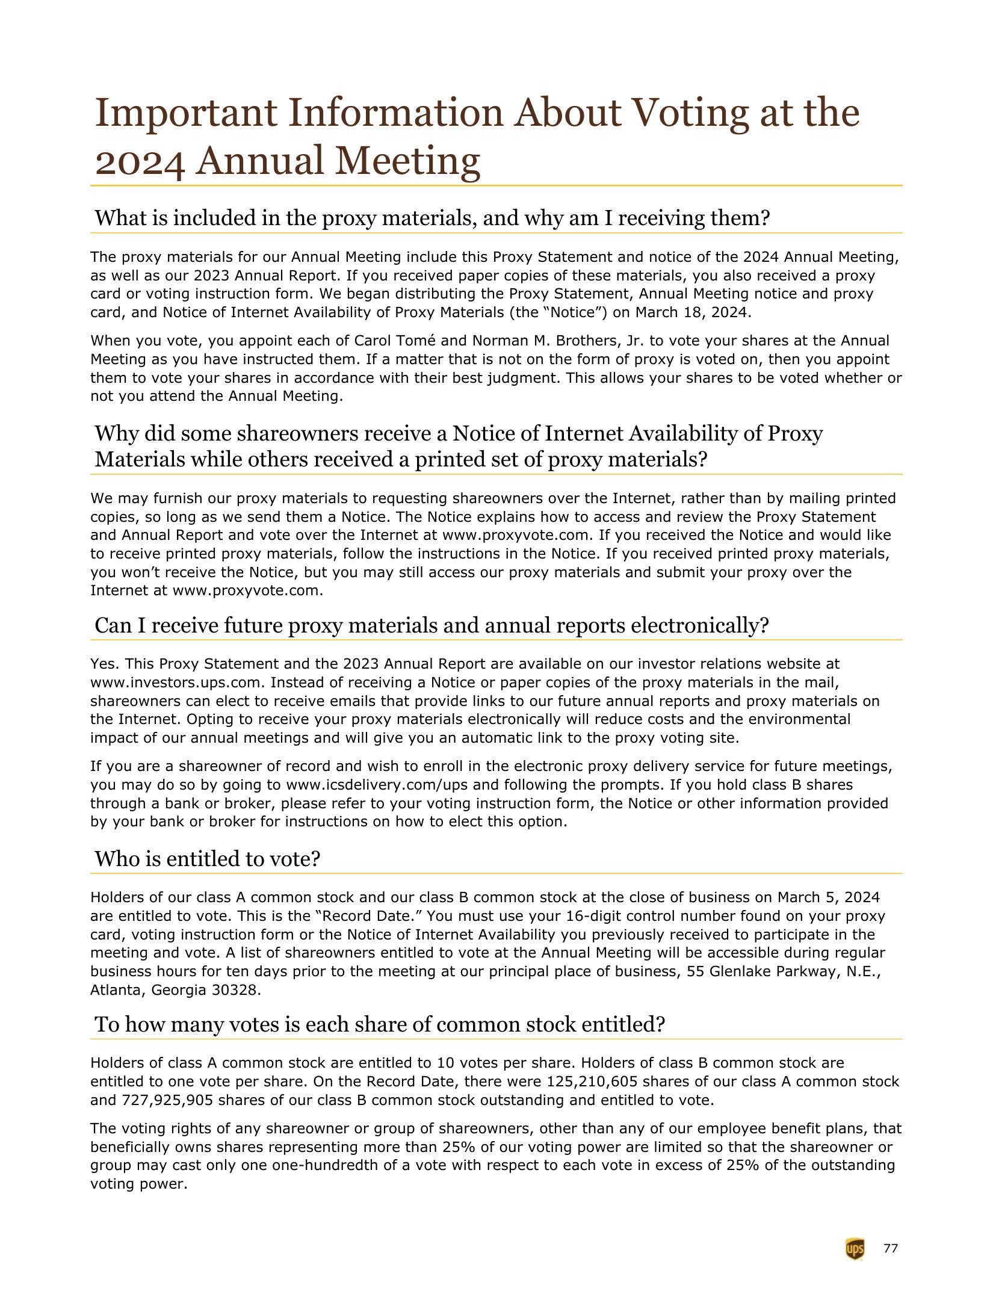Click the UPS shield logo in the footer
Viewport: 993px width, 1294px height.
point(855,1249)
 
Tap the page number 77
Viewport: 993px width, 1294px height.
point(891,1249)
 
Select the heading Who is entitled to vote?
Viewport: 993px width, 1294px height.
point(207,859)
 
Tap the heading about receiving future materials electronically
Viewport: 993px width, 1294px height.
point(432,626)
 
